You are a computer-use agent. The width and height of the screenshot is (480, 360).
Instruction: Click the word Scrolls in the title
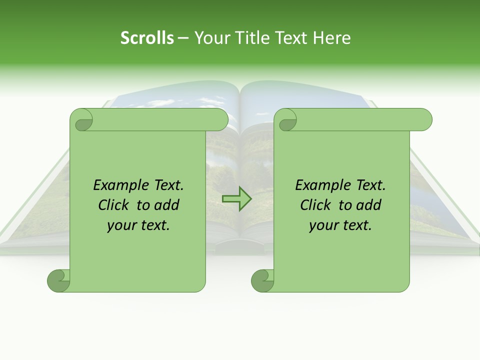pos(147,38)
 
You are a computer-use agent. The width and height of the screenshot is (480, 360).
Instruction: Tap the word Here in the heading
pos(331,38)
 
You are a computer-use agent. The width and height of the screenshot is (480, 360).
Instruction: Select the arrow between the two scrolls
pos(236,198)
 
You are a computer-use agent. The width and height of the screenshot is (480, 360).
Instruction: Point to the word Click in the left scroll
pos(114,205)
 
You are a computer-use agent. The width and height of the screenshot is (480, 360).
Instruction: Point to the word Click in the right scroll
pos(316,205)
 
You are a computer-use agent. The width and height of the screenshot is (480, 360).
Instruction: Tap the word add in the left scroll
pos(166,205)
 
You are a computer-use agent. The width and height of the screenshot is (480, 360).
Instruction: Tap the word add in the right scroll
pos(368,205)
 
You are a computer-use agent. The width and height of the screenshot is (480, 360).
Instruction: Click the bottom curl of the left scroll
pos(58,280)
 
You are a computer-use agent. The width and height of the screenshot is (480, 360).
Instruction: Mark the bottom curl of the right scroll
pos(262,280)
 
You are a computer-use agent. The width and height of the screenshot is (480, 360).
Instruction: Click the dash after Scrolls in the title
pos(183,38)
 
